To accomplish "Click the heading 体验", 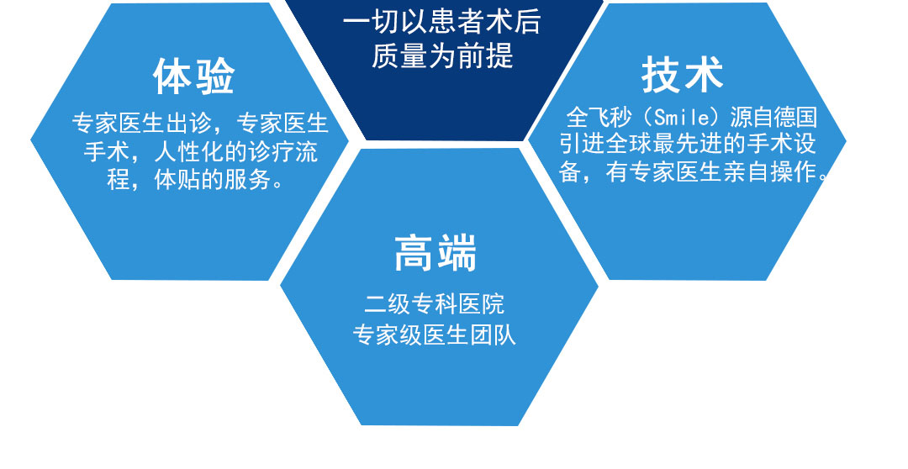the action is pos(193,76).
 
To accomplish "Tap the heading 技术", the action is pos(682,75).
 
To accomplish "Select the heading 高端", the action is pos(435,253).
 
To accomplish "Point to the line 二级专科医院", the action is pos(435,304).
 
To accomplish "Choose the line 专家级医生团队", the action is pos(435,335).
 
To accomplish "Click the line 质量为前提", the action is pos(442,56).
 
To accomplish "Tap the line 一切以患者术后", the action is pos(442,23).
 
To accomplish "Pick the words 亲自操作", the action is pos(770,172).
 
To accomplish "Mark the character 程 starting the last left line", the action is pos(119,180).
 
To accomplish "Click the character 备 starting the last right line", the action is pos(570,172).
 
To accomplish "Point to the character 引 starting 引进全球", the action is pos(570,144).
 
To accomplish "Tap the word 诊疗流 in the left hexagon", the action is pos(283,152).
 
